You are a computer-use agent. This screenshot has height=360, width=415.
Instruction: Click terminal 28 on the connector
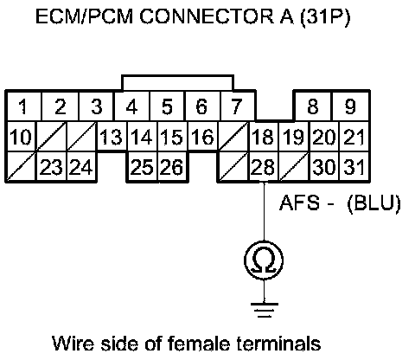[264, 167]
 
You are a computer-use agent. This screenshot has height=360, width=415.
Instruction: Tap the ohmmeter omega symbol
[264, 260]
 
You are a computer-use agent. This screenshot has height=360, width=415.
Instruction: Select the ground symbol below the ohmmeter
[265, 310]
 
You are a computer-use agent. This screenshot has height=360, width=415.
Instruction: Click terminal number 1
[24, 106]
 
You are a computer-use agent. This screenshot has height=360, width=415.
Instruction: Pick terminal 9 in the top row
[351, 106]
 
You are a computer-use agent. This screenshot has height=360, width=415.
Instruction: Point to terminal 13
[112, 137]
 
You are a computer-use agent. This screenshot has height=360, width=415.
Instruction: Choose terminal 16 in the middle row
[202, 137]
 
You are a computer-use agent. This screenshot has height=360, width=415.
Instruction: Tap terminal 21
[354, 137]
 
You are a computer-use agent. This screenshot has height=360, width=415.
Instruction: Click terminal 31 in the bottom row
[354, 167]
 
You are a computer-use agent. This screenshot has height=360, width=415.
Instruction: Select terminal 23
[51, 167]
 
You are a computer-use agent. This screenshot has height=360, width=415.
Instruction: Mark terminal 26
[172, 167]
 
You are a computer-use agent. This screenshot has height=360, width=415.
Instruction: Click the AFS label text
[300, 202]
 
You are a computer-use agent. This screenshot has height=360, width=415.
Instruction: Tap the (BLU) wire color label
[374, 203]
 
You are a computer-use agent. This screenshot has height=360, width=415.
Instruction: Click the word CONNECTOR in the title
[207, 16]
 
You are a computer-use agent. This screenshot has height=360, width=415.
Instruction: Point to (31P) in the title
[325, 17]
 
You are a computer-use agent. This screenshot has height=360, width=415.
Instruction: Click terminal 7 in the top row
[238, 106]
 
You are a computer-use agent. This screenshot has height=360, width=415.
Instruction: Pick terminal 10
[21, 137]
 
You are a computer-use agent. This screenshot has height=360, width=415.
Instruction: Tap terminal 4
[132, 106]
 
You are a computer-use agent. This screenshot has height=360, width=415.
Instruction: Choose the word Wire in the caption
[73, 344]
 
